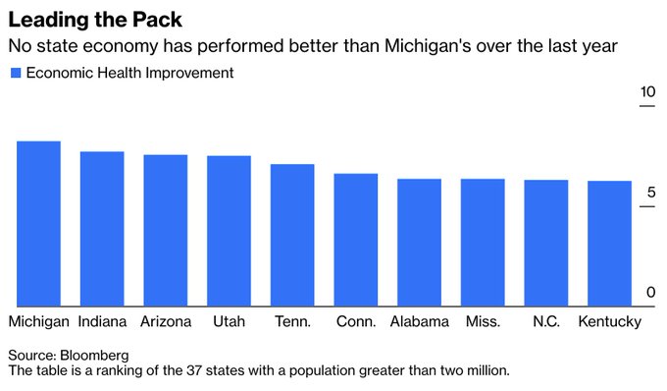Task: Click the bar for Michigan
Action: click(38, 223)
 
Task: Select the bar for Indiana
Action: click(102, 228)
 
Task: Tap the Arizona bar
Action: click(166, 230)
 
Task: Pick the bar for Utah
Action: click(229, 231)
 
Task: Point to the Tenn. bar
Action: click(292, 235)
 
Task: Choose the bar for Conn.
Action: click(355, 240)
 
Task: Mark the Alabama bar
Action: click(419, 242)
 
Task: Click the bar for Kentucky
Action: click(609, 243)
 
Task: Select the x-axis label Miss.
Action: click(482, 322)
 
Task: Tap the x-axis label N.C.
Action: click(545, 322)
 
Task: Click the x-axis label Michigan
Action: click(38, 322)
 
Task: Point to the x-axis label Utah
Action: click(229, 322)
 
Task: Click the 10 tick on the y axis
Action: click(646, 92)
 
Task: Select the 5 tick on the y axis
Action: click(650, 194)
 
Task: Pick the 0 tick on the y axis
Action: click(650, 293)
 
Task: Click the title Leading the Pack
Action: click(94, 20)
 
